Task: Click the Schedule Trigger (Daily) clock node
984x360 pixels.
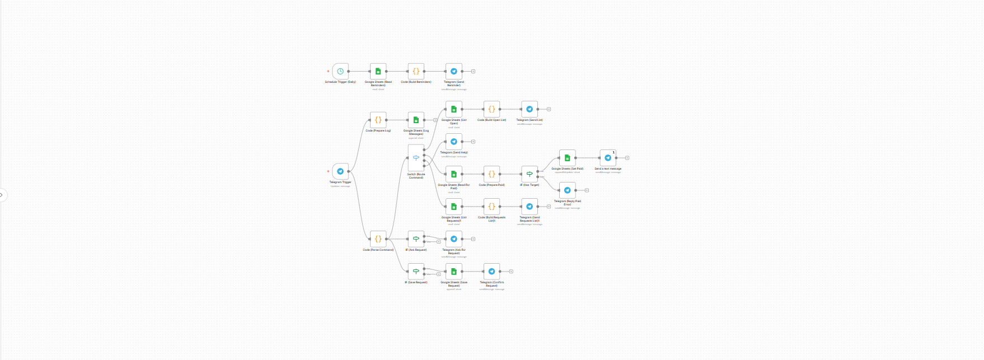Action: (x=340, y=71)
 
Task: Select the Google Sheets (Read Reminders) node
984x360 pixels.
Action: (x=378, y=71)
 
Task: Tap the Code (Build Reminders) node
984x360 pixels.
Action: (x=416, y=71)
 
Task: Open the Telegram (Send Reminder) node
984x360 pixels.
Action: (x=454, y=71)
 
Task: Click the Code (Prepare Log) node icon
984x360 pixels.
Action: (x=378, y=120)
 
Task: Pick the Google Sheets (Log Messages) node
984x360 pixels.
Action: (x=416, y=120)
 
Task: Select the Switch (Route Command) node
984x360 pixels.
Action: (x=416, y=158)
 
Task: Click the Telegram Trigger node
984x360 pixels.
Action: (x=340, y=171)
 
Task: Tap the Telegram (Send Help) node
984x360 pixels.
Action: (x=454, y=142)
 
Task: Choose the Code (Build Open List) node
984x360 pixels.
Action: (x=491, y=109)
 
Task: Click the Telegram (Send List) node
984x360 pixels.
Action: (x=530, y=109)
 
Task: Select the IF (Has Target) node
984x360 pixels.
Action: (x=530, y=174)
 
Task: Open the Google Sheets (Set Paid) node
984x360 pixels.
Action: (x=567, y=158)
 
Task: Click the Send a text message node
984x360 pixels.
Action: (x=608, y=158)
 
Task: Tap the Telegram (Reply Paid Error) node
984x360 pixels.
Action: (x=567, y=190)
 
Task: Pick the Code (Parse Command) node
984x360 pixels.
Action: (x=378, y=239)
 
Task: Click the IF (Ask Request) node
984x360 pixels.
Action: (x=416, y=239)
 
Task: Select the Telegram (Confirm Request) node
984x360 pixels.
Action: (x=491, y=272)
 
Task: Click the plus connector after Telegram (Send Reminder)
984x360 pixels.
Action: (x=474, y=71)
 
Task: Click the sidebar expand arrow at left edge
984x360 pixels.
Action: (x=2, y=195)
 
